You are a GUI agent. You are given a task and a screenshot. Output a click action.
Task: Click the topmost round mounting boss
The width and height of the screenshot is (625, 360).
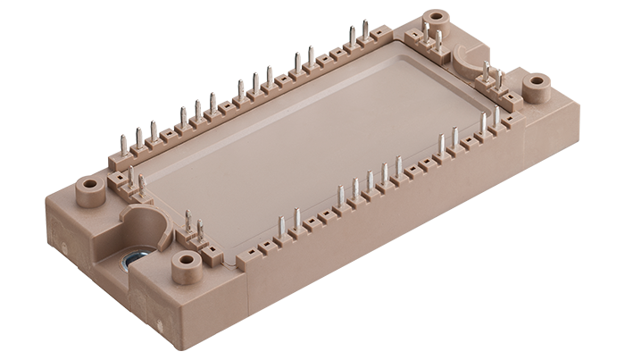436,17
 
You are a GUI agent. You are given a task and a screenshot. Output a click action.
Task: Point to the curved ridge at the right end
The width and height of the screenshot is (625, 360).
469,59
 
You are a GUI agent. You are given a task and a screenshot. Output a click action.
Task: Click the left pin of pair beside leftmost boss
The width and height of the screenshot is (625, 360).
131,176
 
